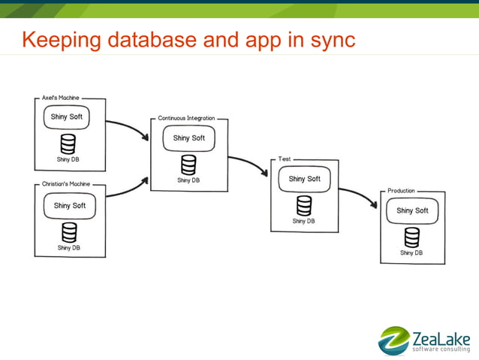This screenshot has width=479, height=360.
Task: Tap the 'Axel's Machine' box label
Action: pos(60,98)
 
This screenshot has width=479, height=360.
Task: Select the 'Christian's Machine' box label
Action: pos(65,185)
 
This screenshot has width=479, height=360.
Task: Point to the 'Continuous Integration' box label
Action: pos(186,119)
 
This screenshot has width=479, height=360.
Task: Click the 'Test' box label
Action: pos(285,159)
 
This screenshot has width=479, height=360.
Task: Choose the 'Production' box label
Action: pos(401,191)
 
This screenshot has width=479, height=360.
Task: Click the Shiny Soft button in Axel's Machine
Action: pos(66,117)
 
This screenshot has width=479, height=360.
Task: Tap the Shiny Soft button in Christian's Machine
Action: pos(69,206)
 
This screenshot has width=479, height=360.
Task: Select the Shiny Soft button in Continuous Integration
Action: pos(188,138)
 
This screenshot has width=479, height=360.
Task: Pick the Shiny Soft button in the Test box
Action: pos(304,179)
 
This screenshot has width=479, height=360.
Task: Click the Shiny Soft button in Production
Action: pos(412,211)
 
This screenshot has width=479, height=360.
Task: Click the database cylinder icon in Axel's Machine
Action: pos(68,144)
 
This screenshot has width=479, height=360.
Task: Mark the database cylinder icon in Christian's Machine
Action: pos(69,232)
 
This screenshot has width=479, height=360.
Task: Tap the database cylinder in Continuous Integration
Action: pos(188,165)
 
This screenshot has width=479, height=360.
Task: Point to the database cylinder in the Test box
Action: pos(304,205)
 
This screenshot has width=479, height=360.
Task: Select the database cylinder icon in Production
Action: pos(412,237)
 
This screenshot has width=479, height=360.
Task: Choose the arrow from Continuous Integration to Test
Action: pos(250,163)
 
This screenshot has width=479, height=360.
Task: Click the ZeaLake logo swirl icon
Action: pos(393,340)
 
